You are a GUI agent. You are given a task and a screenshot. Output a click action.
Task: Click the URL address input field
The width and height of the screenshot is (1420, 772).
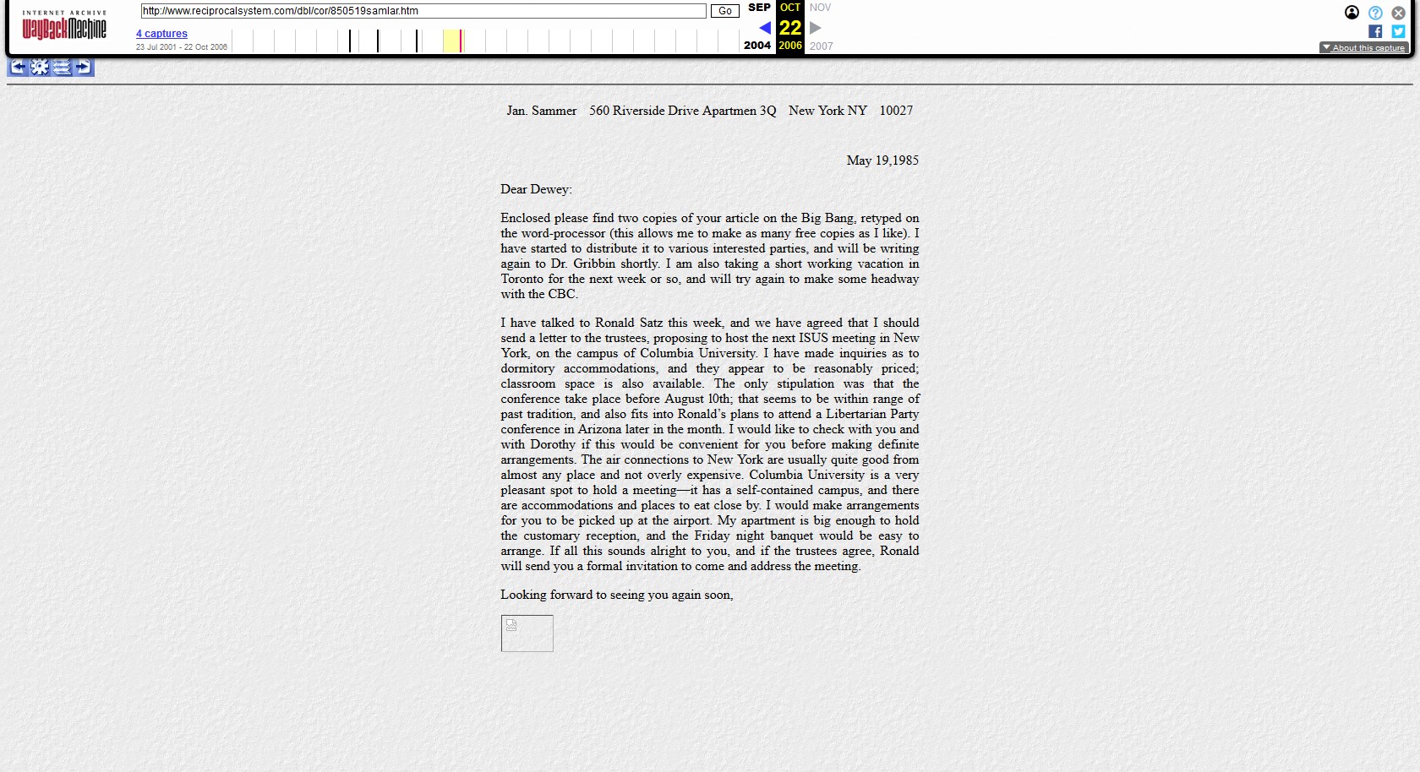click(423, 11)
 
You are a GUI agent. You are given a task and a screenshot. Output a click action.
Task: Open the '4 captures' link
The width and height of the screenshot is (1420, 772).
click(161, 34)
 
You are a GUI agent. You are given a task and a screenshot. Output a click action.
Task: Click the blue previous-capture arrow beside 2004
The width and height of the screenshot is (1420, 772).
click(764, 28)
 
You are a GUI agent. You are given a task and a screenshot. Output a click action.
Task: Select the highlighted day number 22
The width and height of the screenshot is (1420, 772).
click(790, 28)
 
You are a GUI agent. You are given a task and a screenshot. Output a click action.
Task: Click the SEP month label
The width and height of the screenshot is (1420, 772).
click(759, 8)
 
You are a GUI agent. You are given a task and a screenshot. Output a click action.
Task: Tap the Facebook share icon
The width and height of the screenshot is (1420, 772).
click(1375, 31)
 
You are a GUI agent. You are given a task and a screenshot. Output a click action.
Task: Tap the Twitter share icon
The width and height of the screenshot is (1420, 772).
click(1398, 31)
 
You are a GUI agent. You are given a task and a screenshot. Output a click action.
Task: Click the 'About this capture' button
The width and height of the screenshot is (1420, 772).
click(1363, 47)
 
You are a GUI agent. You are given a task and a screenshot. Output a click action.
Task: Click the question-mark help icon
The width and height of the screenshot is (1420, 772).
click(1375, 13)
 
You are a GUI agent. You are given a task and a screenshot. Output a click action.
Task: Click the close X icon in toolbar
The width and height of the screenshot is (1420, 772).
click(1398, 13)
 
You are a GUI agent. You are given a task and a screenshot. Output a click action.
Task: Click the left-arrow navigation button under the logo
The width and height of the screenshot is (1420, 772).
click(18, 67)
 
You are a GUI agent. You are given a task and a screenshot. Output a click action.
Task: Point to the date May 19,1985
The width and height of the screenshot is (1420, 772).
click(882, 160)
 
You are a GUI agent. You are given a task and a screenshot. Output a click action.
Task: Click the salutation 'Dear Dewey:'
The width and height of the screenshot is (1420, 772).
click(536, 189)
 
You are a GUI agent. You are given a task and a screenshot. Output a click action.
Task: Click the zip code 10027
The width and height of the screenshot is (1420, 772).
click(896, 111)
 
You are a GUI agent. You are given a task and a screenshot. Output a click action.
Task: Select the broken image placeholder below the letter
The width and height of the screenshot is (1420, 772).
click(527, 633)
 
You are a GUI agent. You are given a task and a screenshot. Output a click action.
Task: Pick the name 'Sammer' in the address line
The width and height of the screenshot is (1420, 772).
click(554, 111)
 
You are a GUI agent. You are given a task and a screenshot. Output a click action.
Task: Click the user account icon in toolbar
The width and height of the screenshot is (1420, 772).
click(1352, 13)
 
